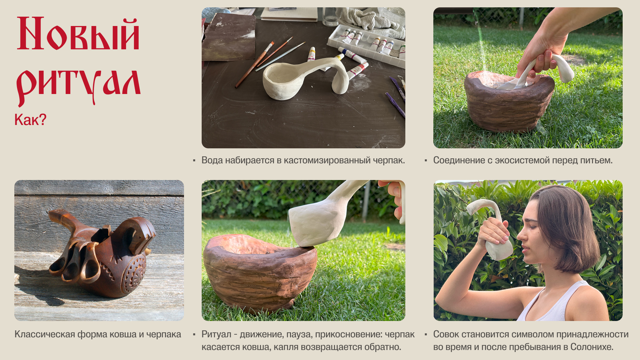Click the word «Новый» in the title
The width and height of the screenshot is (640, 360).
click(x=78, y=34)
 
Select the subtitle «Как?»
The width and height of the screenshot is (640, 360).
click(x=30, y=120)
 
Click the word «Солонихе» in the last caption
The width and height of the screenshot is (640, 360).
click(x=592, y=347)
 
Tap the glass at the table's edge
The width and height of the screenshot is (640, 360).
click(x=330, y=17)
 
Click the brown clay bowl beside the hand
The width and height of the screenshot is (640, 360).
click(x=508, y=101)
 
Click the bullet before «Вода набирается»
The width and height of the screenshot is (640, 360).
click(x=194, y=161)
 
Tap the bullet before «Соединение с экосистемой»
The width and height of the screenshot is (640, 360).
click(x=426, y=161)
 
